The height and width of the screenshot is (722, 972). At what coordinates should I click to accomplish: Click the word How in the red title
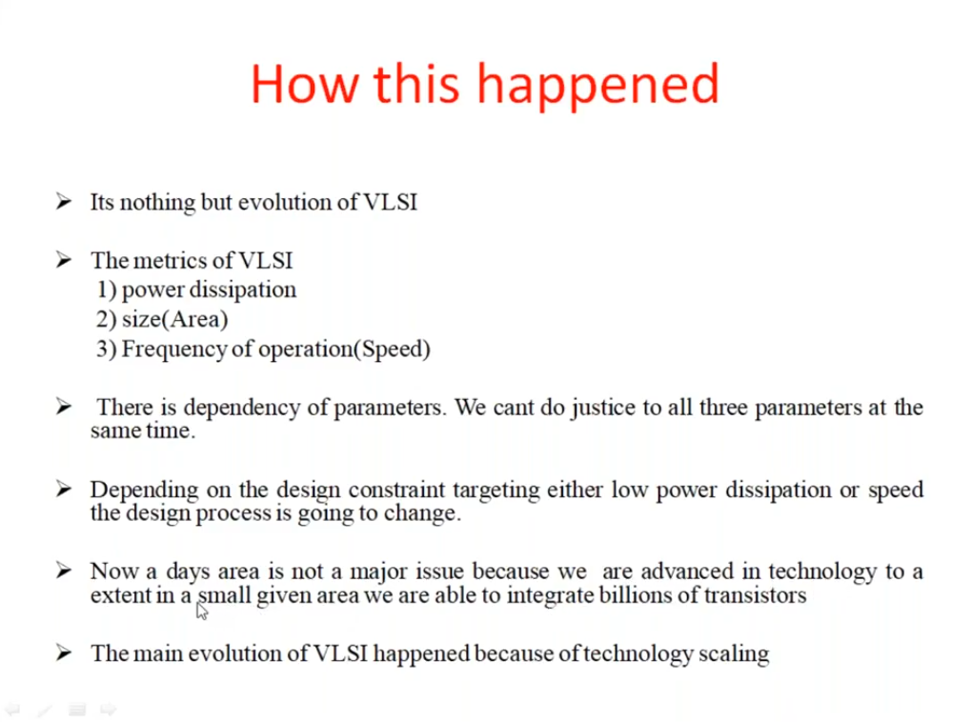tap(305, 84)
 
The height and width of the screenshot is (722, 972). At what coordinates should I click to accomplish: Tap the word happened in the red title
tap(597, 86)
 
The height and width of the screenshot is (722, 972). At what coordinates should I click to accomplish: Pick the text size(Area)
tap(174, 319)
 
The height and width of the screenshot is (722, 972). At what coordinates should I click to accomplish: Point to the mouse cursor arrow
tap(201, 611)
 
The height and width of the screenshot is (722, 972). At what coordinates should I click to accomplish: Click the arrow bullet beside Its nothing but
tap(63, 201)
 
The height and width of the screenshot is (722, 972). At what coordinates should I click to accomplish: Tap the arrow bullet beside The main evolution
tap(63, 652)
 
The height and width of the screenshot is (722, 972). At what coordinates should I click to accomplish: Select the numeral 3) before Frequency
tap(106, 349)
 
